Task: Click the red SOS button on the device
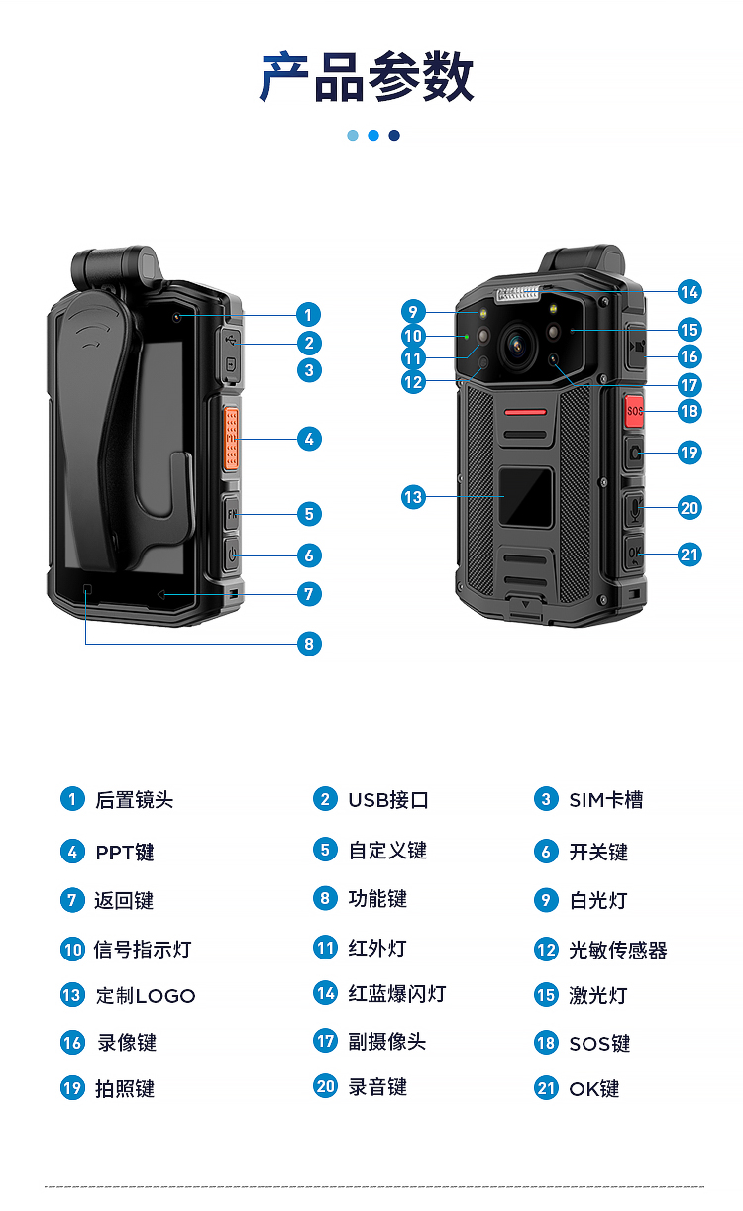click(x=634, y=411)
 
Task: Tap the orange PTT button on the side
click(x=231, y=438)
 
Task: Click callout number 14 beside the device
click(x=690, y=292)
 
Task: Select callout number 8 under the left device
click(x=309, y=644)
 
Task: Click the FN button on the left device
click(x=232, y=513)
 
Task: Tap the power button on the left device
click(x=232, y=554)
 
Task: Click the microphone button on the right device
click(x=635, y=508)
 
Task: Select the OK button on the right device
click(x=635, y=554)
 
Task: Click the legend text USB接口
click(x=388, y=800)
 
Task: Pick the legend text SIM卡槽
click(x=606, y=800)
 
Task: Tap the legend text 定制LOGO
click(x=146, y=996)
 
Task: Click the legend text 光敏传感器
click(x=618, y=950)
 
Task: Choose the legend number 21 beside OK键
click(x=546, y=1088)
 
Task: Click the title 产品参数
click(x=368, y=77)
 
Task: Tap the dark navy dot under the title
click(x=394, y=135)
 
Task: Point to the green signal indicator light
click(x=467, y=337)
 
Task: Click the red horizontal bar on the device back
click(x=526, y=413)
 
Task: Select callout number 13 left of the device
click(x=413, y=497)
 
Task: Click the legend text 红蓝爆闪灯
click(x=397, y=994)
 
